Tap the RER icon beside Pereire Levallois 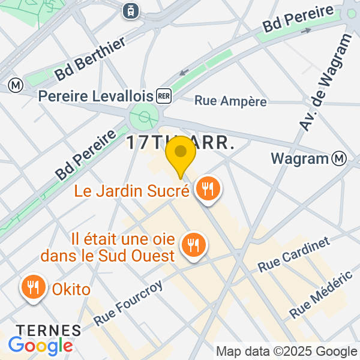click(163, 95)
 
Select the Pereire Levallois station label click(95, 96)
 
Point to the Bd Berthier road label click(90, 59)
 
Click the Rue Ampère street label click(231, 101)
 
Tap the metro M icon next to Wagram click(340, 158)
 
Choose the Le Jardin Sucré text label click(132, 191)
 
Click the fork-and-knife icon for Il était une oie click(194, 245)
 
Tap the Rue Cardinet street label click(294, 255)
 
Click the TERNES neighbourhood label click(48, 330)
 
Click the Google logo click(40, 346)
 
